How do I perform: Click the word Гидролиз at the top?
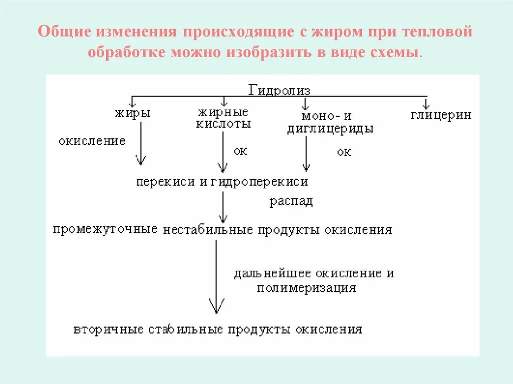(280, 90)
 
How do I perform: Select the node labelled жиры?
(133, 114)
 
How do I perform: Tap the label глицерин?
(441, 115)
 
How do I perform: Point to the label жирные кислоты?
(223, 118)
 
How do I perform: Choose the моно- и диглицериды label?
(330, 122)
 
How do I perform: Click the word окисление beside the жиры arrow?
(92, 141)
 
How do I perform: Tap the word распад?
(291, 201)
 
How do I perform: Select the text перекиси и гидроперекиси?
(221, 182)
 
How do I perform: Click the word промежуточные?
(105, 230)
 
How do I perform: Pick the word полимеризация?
(307, 288)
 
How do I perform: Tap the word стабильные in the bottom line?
(185, 330)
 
